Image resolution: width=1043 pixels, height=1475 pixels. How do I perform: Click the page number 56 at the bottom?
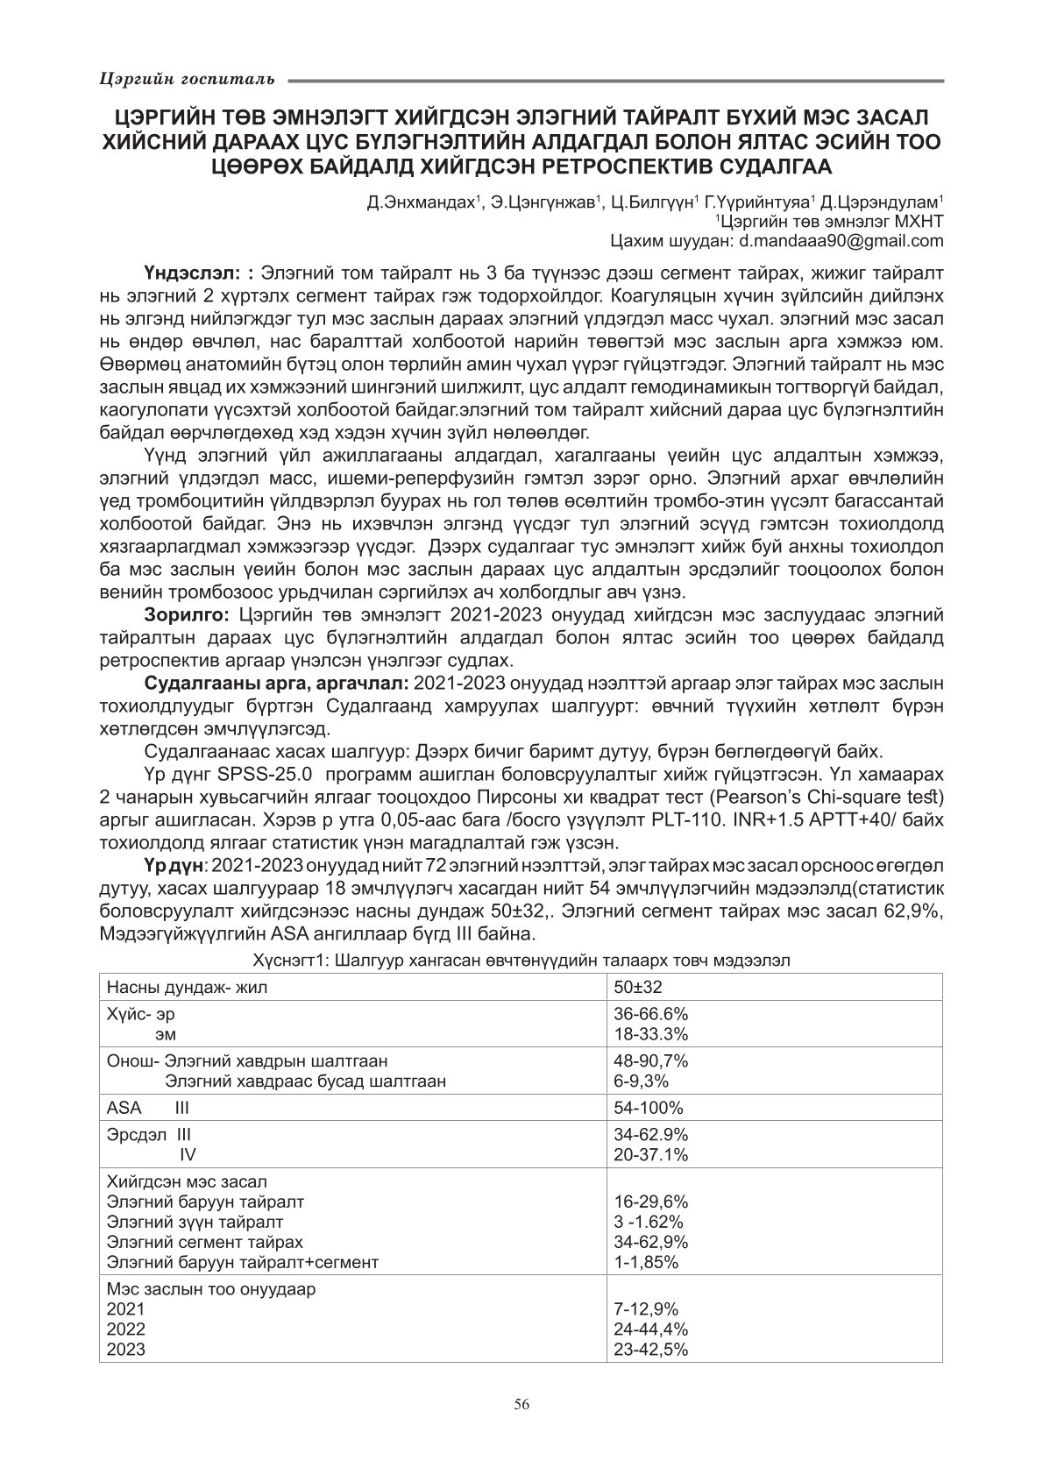point(521,1404)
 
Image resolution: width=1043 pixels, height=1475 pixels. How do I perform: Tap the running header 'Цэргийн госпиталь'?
point(186,80)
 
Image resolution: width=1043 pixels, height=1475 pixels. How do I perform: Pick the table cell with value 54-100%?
point(648,1107)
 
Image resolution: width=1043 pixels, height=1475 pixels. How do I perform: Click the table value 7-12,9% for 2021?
point(646,1309)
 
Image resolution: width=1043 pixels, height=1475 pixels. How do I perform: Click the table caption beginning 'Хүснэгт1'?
point(521,960)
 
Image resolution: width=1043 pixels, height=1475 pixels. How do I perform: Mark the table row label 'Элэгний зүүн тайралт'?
point(195,1222)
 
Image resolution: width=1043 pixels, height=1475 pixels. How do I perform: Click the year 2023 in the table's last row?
point(125,1350)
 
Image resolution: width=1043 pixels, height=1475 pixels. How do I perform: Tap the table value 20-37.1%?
point(650,1154)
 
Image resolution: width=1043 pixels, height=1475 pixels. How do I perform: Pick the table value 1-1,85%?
point(646,1262)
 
